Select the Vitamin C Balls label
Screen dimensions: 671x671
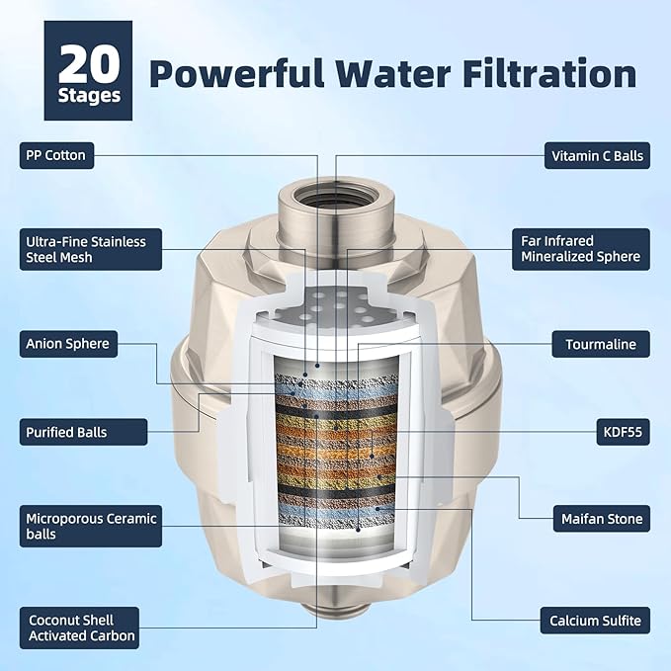[597, 154]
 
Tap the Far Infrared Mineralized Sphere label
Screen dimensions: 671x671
[581, 249]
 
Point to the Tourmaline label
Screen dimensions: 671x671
[600, 344]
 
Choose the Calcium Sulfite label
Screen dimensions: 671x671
[594, 622]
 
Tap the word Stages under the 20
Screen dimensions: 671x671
[88, 96]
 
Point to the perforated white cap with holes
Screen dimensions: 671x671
[335, 301]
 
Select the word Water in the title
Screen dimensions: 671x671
[405, 74]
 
